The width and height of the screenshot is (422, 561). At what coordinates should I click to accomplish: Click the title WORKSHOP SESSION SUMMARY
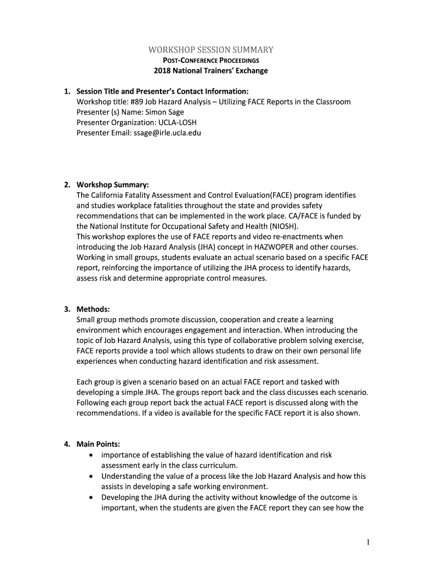[x=210, y=50]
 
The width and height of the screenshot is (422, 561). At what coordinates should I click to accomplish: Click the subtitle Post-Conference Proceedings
[x=210, y=60]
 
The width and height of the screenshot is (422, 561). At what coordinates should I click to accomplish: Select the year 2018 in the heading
[x=163, y=71]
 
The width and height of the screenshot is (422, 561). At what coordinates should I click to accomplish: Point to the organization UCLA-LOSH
[x=164, y=122]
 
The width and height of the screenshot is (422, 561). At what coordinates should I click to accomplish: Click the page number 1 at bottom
[x=369, y=542]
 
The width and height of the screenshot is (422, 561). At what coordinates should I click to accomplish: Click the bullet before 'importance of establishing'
[x=90, y=455]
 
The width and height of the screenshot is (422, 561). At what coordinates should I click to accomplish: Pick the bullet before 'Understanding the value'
[x=90, y=476]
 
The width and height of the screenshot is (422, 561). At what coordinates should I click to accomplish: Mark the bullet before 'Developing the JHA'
[x=90, y=497]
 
